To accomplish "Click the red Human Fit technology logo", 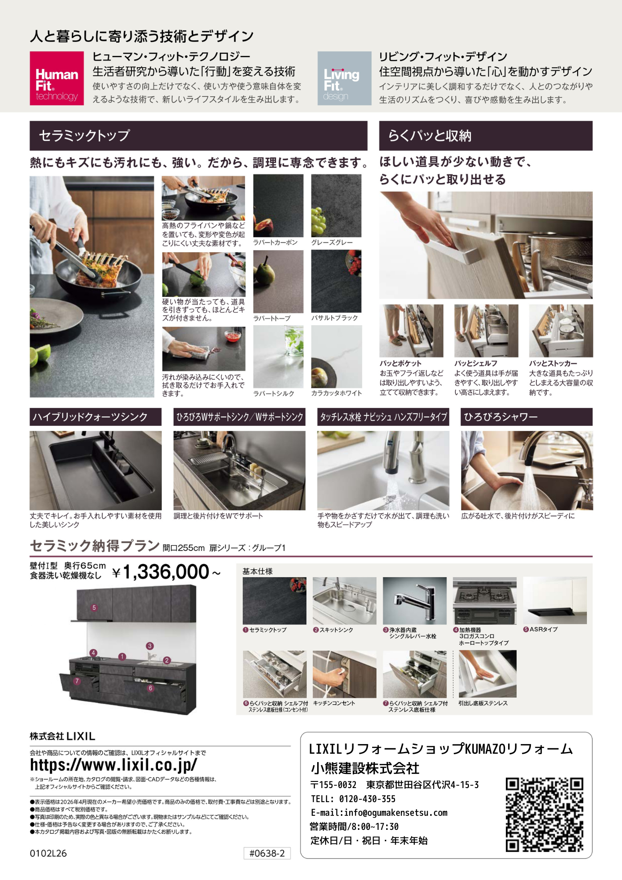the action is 57,78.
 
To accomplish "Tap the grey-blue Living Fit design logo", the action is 344,78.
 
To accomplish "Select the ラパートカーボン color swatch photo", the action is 278,206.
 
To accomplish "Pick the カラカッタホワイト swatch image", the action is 337,357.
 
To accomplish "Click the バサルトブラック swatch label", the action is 334,318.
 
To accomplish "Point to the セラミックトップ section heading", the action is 84,136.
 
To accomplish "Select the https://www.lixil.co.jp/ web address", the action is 113,765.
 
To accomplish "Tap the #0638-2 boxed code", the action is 267,854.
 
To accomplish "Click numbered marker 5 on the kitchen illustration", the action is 94,608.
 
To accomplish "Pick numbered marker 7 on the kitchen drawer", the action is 77,681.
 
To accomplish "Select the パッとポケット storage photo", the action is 411,331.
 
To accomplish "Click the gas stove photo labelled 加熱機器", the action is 485,601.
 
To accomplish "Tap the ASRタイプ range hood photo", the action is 555,601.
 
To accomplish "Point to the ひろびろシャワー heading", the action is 501,417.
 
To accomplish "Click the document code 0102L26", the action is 48,854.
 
